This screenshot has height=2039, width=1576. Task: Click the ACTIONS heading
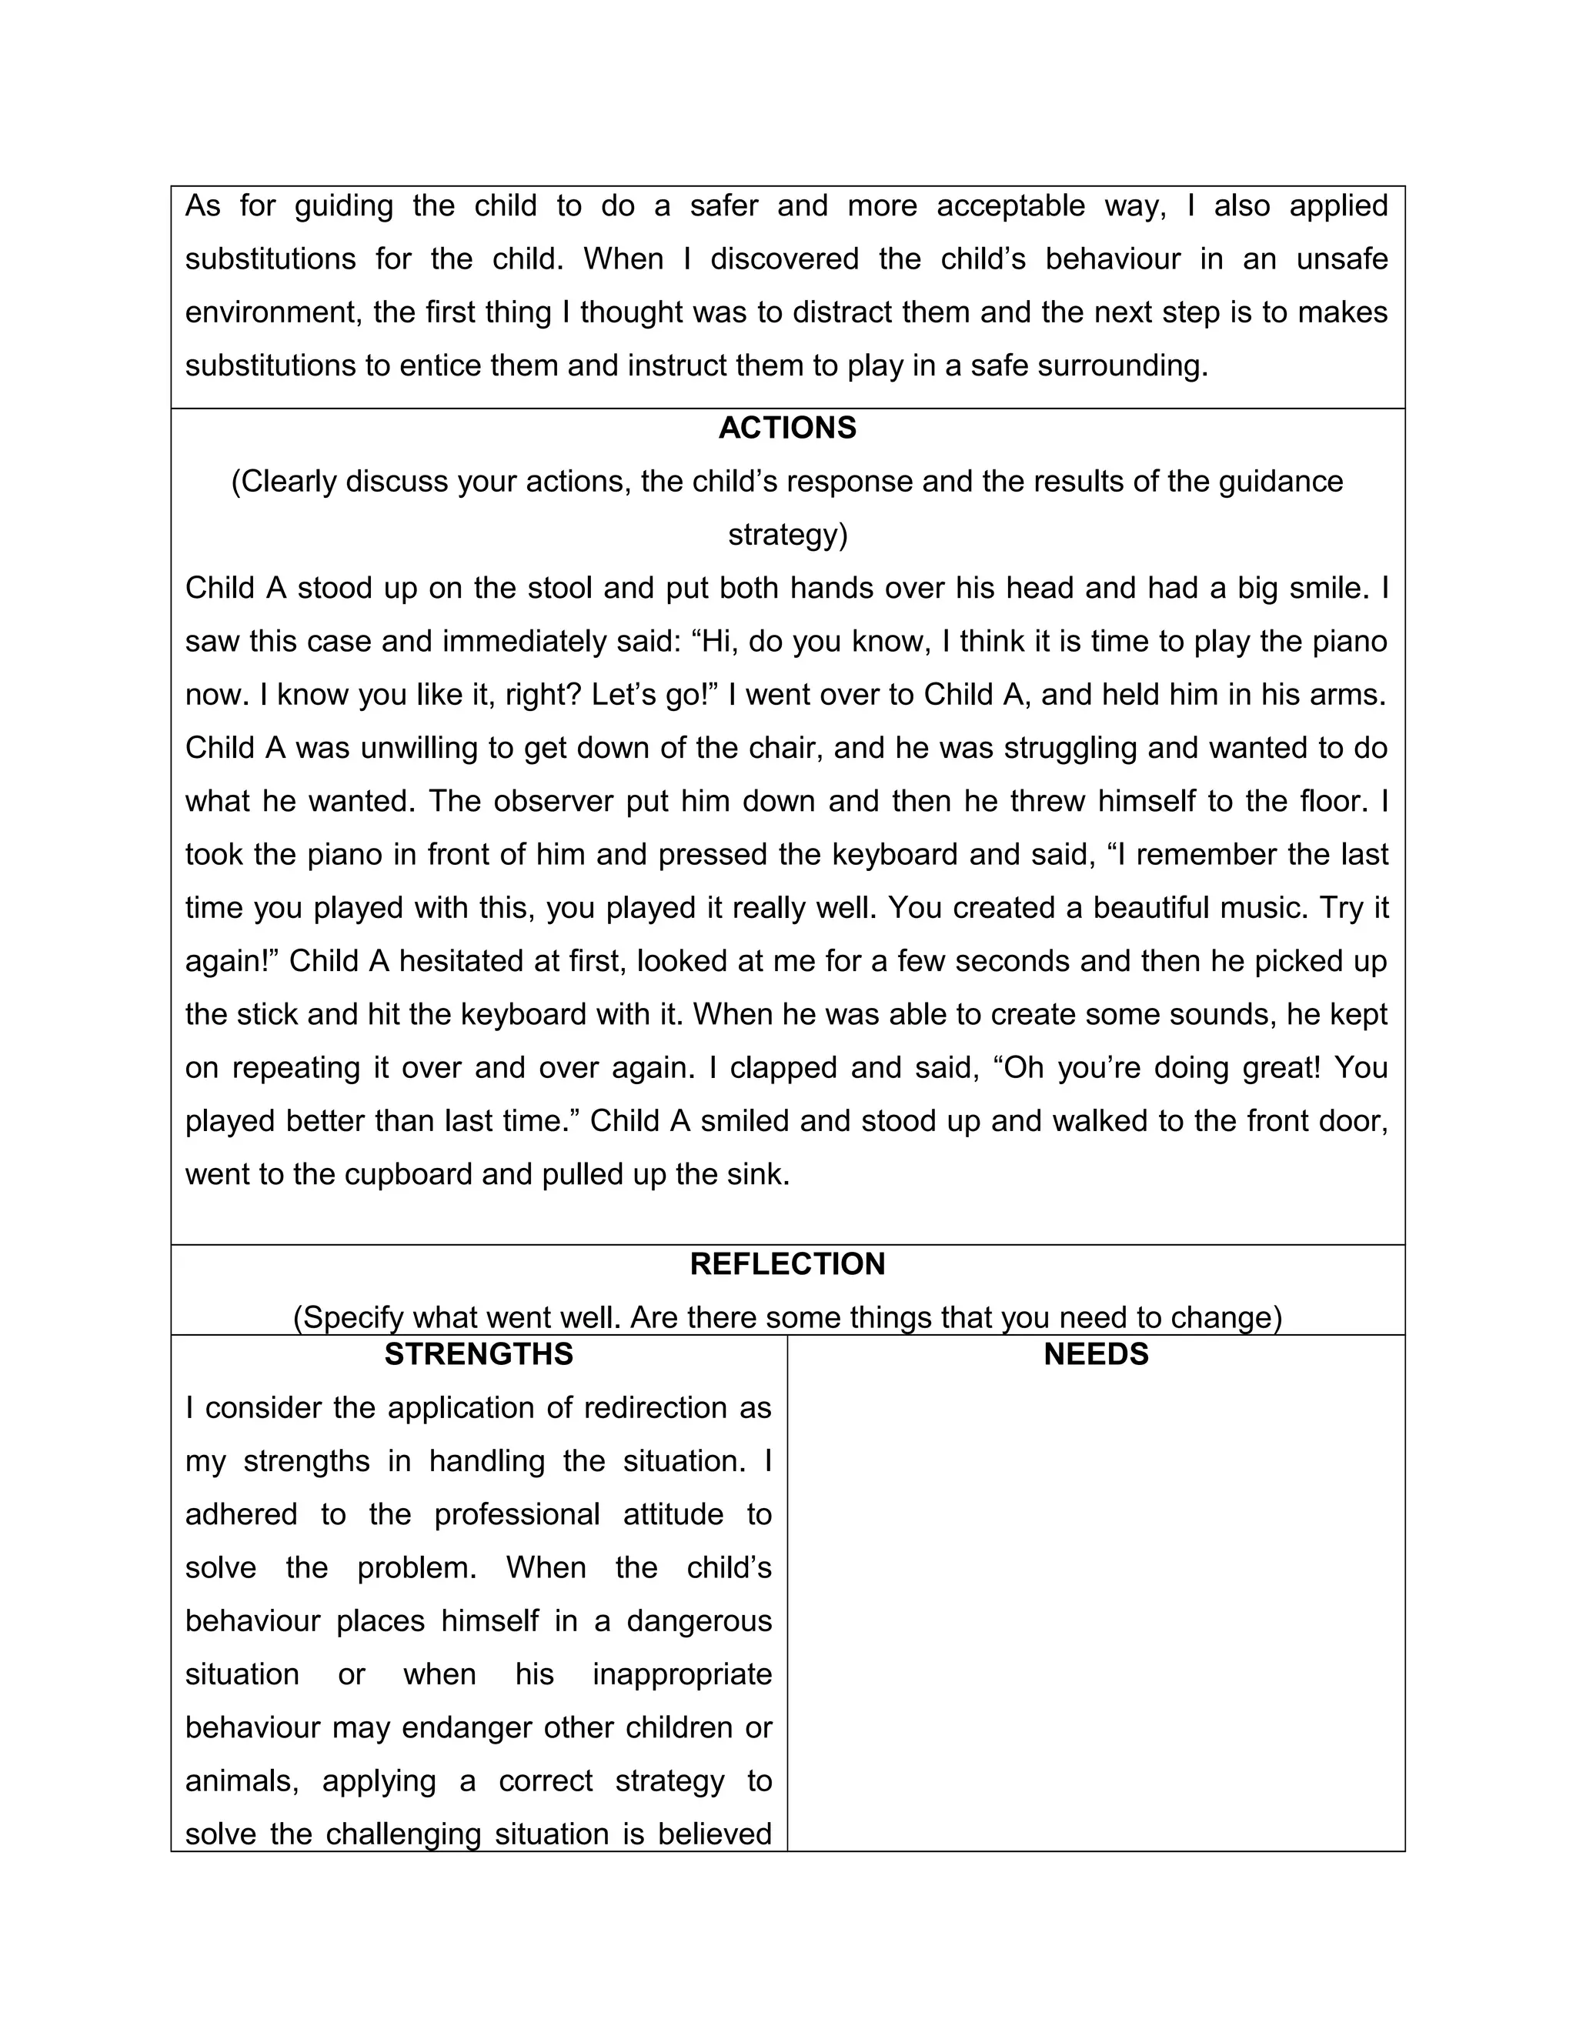787,429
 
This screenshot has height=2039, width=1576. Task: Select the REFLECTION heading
787,1264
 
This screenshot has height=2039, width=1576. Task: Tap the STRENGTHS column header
479,1355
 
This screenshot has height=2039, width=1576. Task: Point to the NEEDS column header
1096,1355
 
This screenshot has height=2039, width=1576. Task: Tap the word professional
517,1514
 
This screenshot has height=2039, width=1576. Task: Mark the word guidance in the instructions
1278,482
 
